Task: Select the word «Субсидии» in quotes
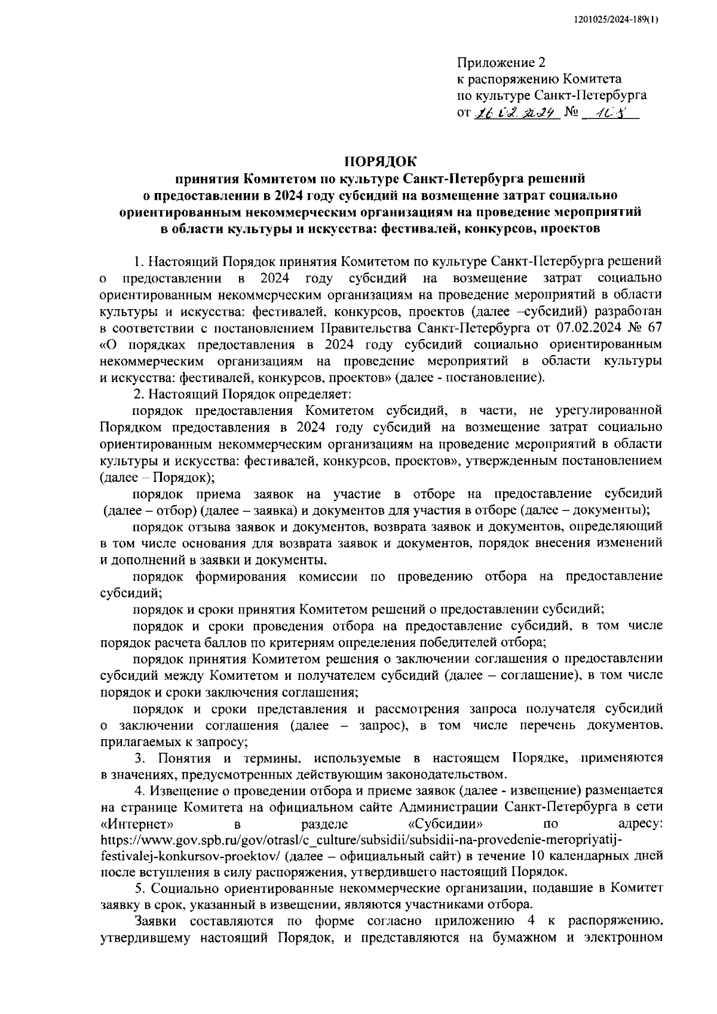point(440,824)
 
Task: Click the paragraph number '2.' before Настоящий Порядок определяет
point(139,395)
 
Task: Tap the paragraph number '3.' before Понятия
point(139,758)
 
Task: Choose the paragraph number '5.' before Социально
point(140,889)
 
